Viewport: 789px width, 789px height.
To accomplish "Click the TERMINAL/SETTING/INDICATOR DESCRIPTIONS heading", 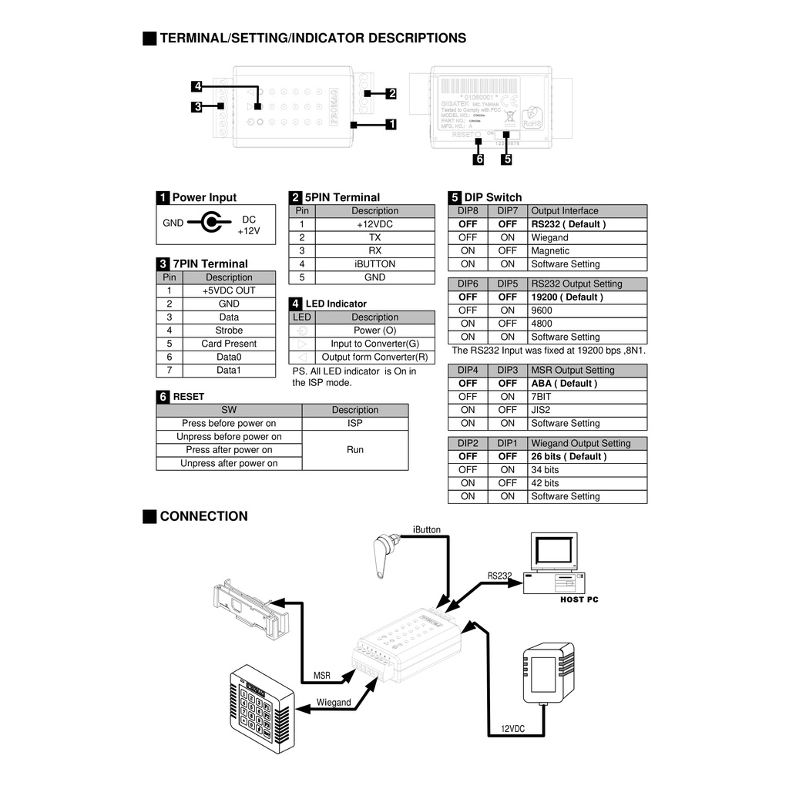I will (312, 38).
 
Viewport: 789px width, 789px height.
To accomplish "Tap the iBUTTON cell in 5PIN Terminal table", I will (374, 264).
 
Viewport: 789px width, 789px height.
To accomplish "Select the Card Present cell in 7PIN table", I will (229, 344).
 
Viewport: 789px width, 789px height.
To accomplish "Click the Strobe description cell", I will (229, 331).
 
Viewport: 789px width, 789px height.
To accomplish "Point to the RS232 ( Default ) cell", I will (569, 224).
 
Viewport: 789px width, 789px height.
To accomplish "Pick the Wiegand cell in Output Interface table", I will (550, 237).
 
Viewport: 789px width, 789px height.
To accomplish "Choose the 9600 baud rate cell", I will (542, 311).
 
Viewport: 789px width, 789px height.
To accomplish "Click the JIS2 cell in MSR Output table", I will (541, 410).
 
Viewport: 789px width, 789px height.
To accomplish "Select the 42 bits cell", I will (545, 483).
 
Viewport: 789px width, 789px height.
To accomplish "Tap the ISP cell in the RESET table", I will (354, 423).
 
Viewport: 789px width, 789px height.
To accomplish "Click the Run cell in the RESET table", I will (354, 450).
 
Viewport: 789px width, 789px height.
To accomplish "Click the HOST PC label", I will (579, 599).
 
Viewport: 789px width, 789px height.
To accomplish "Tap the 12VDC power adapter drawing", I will (549, 673).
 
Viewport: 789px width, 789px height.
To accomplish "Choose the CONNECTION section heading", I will (203, 516).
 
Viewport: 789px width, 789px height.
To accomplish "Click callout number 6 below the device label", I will (479, 159).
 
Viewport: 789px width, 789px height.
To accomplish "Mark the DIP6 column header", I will (468, 284).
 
